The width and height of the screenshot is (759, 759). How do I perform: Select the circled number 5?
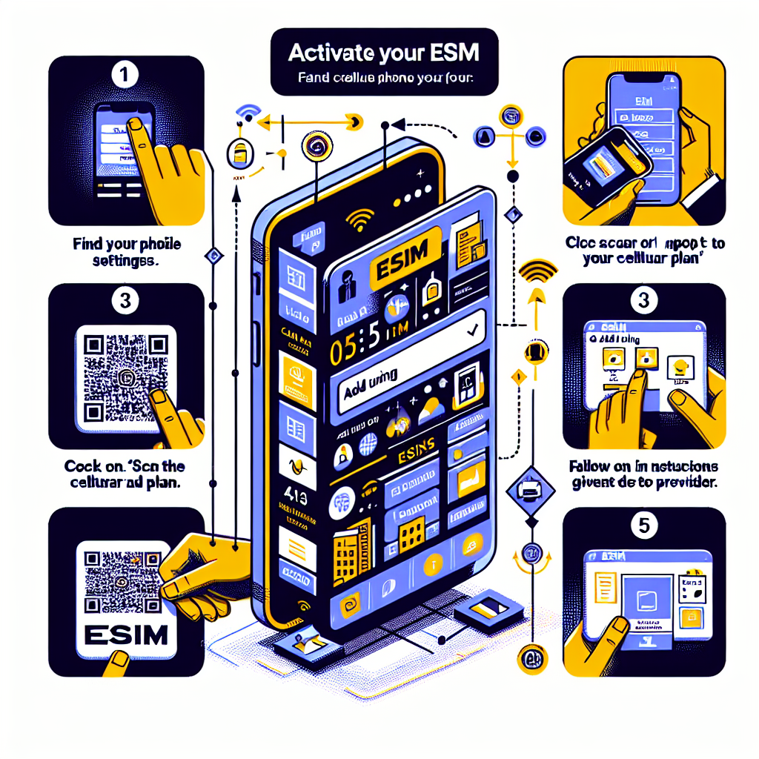[x=644, y=526]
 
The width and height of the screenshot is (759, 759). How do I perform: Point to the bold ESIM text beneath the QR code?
[x=126, y=635]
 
